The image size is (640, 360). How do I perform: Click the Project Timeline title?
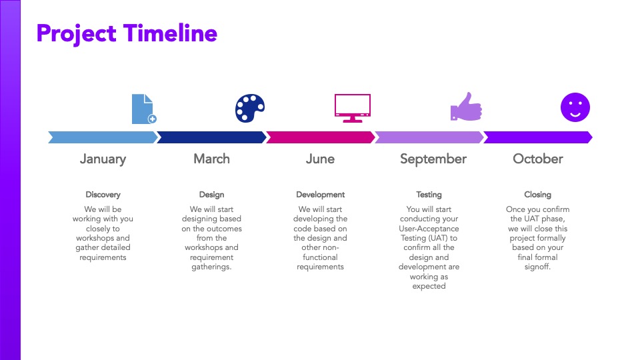coord(127,34)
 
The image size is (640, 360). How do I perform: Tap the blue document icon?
coord(144,109)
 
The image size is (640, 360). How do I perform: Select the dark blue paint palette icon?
coord(250,108)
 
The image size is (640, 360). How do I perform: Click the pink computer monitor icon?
coord(353,108)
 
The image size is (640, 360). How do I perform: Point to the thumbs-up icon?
coord(466,107)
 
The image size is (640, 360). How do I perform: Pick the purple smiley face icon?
coord(575,107)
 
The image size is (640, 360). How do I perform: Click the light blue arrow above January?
coord(103,137)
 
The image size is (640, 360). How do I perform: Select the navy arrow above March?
coord(211,137)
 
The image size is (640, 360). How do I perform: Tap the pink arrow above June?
coord(321,137)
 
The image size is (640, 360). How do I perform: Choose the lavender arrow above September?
coord(429,137)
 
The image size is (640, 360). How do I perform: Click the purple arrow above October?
coord(538,137)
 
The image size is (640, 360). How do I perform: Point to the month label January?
coord(103,159)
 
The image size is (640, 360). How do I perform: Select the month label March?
coord(211,159)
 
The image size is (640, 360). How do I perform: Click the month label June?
coord(321,159)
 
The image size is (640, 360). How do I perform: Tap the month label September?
coord(433,159)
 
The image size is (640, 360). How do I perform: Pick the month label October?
coord(538,159)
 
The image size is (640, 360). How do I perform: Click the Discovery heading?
coord(103,195)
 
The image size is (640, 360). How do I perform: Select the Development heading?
coord(321,195)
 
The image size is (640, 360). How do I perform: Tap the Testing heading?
coord(429,195)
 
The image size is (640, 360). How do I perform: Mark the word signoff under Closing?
coord(537,267)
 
